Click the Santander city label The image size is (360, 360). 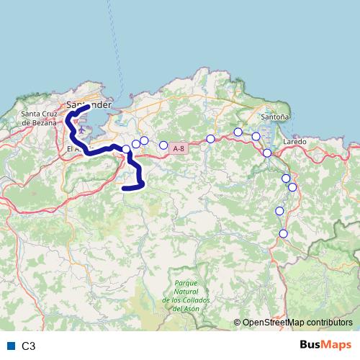[92, 104]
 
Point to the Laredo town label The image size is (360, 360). [294, 142]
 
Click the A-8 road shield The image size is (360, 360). [179, 148]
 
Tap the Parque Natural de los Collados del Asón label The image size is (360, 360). [179, 294]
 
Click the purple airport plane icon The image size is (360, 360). [81, 131]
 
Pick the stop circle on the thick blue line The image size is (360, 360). [126, 149]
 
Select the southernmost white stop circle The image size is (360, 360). [284, 233]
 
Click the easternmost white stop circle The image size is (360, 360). [292, 187]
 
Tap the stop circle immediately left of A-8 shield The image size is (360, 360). [163, 145]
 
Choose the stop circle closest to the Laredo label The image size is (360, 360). [267, 153]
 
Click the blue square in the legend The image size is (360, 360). [10, 346]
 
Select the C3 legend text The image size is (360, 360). [28, 346]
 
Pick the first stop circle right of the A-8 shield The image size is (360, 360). [210, 139]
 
